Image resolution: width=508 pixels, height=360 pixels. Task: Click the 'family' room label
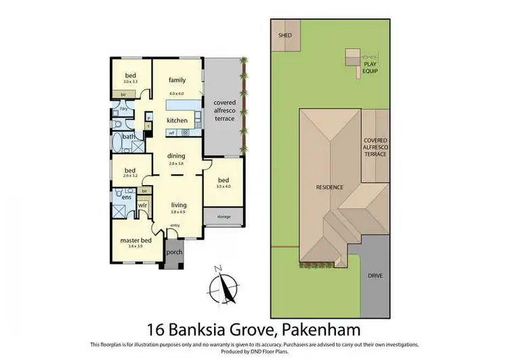tap(177, 80)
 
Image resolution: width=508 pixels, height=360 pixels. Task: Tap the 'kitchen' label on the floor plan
tap(177, 120)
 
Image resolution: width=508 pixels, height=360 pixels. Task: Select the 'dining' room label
tap(176, 156)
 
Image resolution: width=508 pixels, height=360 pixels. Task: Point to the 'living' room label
tap(178, 205)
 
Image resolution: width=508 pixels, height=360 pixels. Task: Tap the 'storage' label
tap(224, 217)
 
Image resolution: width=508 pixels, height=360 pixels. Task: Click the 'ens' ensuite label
tap(126, 197)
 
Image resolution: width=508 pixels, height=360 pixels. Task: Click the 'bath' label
tap(129, 136)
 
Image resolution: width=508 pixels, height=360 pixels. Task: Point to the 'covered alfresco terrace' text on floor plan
tap(224, 111)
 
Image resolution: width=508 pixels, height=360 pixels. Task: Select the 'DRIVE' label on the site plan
tap(375, 277)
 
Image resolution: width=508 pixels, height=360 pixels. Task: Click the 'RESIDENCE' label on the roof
tap(329, 186)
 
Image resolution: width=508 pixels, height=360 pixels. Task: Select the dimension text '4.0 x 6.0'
tap(177, 93)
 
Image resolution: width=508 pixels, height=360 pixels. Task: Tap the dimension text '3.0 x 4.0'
tap(224, 186)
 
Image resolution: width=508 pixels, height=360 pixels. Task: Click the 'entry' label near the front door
tap(175, 225)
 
